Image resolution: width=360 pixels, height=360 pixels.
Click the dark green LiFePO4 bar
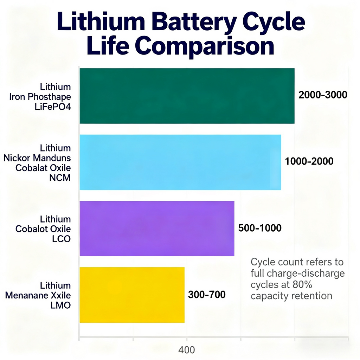click(187, 96)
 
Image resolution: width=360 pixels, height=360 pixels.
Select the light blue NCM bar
click(180, 162)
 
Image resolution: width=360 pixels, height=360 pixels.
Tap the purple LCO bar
click(157, 228)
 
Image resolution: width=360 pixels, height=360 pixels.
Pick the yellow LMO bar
click(132, 295)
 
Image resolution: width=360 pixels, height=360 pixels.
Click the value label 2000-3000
click(322, 95)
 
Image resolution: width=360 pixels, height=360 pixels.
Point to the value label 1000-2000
click(309, 161)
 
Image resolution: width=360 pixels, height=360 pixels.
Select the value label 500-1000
click(260, 228)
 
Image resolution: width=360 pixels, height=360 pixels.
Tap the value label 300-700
click(207, 295)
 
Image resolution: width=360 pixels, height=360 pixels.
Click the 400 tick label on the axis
click(186, 350)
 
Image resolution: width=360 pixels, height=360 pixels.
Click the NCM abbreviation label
click(60, 178)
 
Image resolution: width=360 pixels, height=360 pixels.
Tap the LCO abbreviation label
click(61, 239)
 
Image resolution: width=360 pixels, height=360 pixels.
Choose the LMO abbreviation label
click(60, 305)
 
